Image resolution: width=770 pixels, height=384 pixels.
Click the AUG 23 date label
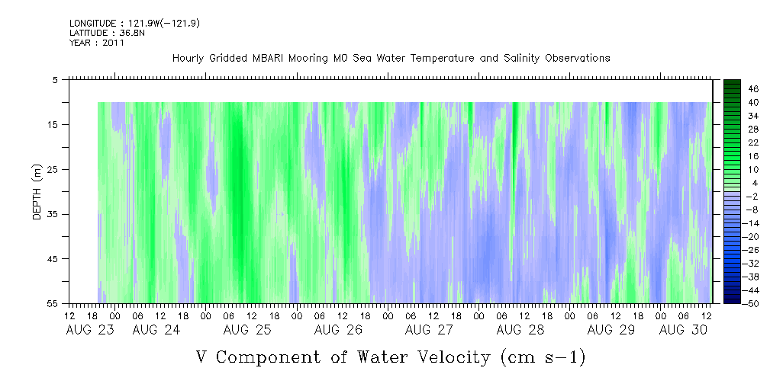pyautogui.click(x=90, y=330)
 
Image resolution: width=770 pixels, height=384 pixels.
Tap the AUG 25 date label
pyautogui.click(x=247, y=330)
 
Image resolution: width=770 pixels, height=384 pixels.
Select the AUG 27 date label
pyautogui.click(x=429, y=330)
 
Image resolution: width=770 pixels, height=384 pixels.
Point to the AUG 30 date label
pyautogui.click(x=683, y=330)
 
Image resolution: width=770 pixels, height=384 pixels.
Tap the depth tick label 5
pyautogui.click(x=56, y=79)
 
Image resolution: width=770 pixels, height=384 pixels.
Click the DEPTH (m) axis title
pyautogui.click(x=37, y=192)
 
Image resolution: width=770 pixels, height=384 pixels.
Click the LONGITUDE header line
pyautogui.click(x=134, y=23)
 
